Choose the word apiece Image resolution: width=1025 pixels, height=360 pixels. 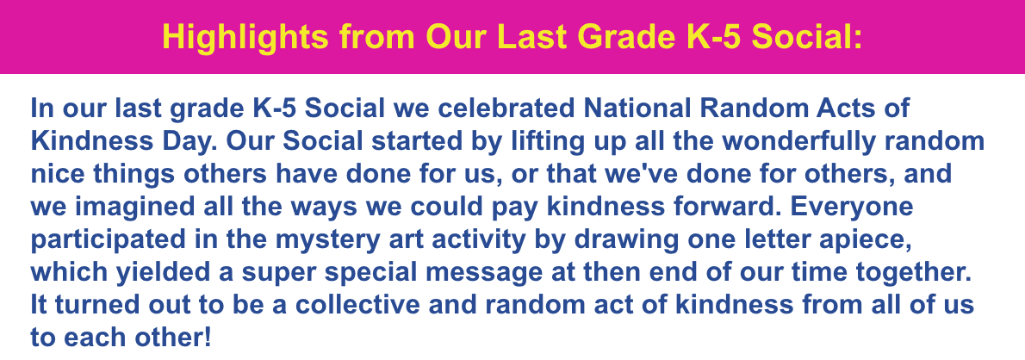click(x=857, y=240)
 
